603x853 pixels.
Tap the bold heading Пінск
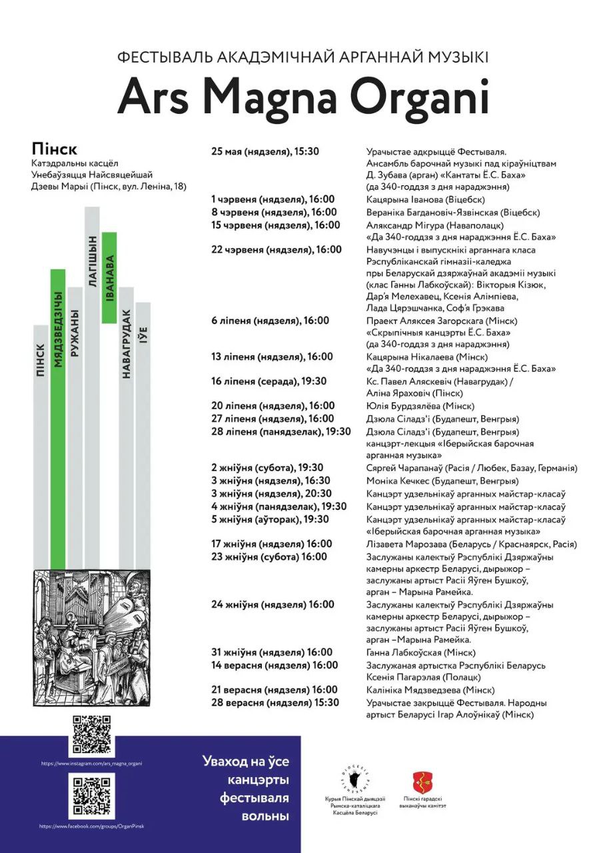click(54, 148)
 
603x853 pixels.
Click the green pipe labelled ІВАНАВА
click(109, 277)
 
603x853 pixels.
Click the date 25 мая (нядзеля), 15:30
click(265, 151)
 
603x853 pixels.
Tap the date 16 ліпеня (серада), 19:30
click(269, 381)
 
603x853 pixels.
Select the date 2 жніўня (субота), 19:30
click(267, 468)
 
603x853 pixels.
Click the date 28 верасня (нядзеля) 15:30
click(275, 702)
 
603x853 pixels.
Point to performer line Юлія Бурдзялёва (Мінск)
click(420, 406)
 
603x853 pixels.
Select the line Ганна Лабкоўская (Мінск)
click(420, 652)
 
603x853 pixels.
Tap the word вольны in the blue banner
click(246, 816)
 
